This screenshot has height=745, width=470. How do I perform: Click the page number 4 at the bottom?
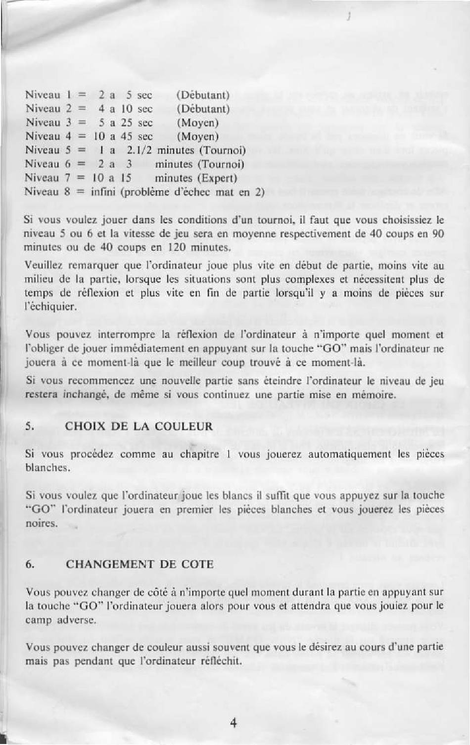point(234,723)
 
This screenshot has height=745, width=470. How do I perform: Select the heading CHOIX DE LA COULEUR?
point(139,426)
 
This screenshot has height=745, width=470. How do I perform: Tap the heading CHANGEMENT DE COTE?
point(140,564)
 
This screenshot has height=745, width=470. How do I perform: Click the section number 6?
point(30,564)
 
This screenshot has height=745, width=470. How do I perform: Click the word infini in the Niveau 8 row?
point(103,192)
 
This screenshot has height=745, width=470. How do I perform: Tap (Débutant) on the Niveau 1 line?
point(203,95)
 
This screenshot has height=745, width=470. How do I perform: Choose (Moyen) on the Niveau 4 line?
point(197,137)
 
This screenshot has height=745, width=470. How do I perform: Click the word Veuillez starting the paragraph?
point(42,266)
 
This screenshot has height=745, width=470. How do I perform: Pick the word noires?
point(42,523)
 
